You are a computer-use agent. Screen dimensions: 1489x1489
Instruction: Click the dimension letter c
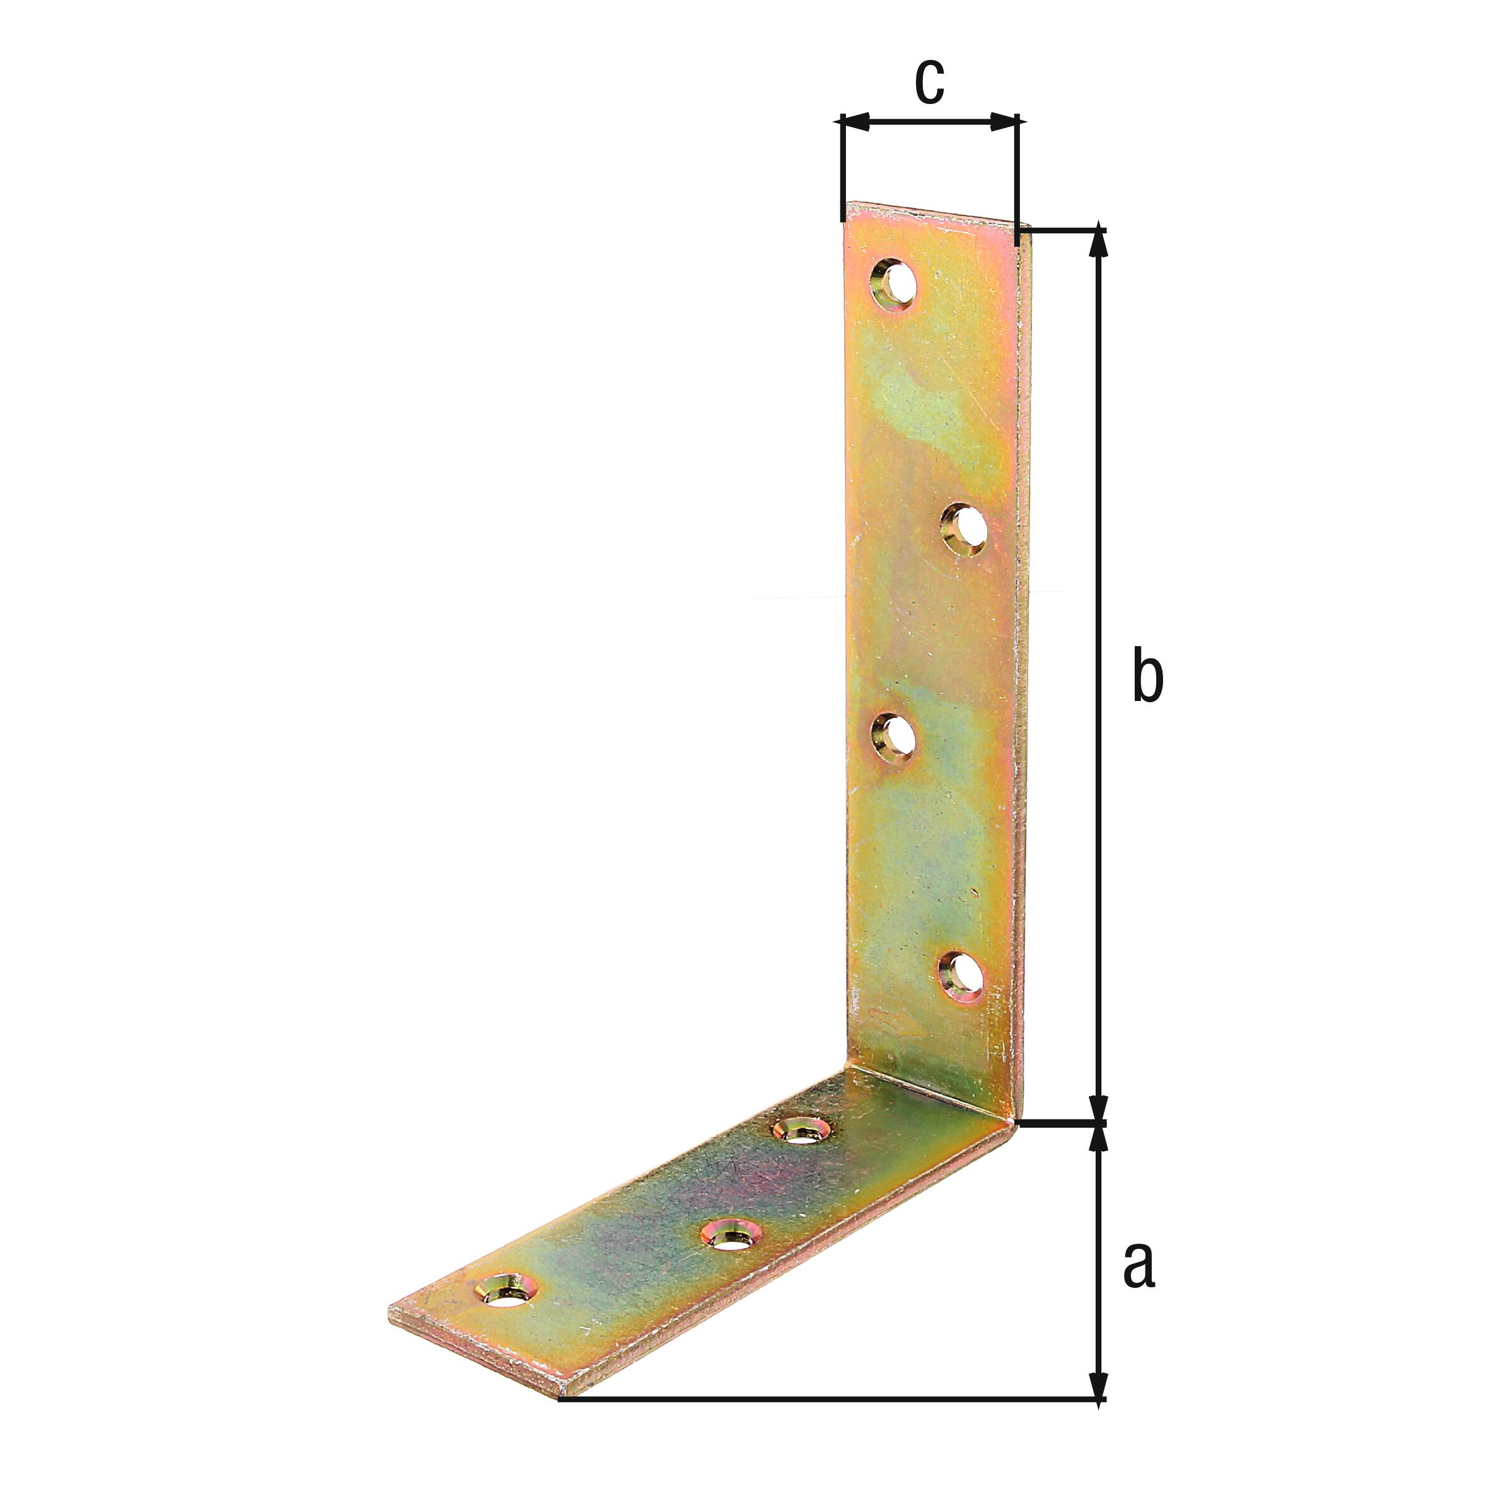click(929, 82)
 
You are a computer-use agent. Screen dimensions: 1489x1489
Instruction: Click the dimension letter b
click(1147, 676)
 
